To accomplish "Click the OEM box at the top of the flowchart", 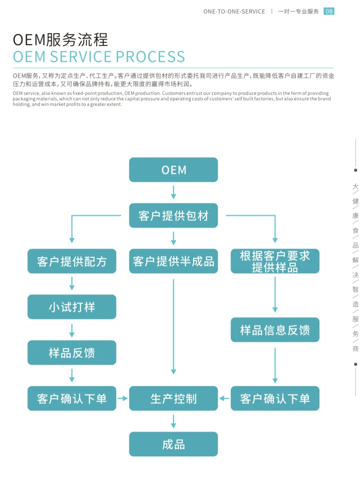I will pos(173,170).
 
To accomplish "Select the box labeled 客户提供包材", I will pos(173,215).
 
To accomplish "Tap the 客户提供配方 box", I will pos(72,261).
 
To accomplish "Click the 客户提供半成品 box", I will pos(173,261).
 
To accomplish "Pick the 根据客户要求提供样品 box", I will pos(275,261).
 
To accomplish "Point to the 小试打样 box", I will pos(72,307).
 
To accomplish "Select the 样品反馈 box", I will pos(72,352).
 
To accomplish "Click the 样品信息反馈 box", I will pos(275,330).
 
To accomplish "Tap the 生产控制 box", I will pos(173,398).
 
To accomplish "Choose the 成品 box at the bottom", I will pos(173,444).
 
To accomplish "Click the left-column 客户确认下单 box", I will pos(72,398).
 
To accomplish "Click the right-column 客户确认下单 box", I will pos(275,398).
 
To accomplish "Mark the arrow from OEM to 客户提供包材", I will pos(173,192).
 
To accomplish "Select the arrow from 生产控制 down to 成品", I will pos(173,421).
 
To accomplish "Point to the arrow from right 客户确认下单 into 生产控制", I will pos(224,398).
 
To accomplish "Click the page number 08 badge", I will pos(329,11).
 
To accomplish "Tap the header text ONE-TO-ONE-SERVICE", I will pos(234,11).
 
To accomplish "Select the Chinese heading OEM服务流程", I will pos(60,40).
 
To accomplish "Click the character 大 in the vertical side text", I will pos(355,186).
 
